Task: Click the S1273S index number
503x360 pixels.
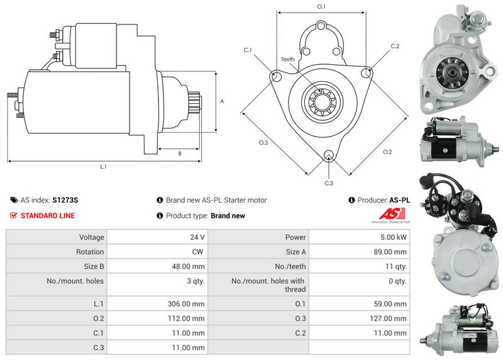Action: coord(65,200)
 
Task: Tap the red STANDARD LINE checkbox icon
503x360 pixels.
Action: coord(13,215)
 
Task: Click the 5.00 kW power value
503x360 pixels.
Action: coord(394,237)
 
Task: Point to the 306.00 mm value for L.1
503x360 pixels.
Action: coord(186,304)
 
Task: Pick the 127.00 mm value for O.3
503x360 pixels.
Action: coord(388,318)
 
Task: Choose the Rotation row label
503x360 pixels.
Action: coord(90,252)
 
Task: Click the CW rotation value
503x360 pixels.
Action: coord(197,252)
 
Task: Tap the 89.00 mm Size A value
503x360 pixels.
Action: coord(390,252)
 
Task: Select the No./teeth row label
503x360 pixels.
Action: coord(290,267)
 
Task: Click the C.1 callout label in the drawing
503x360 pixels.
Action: coord(248,50)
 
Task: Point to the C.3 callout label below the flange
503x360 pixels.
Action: coord(329,183)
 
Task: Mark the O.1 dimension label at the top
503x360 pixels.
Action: coord(321,6)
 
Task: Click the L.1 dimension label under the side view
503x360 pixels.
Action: coord(103,166)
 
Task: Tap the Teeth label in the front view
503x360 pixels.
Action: coord(288,59)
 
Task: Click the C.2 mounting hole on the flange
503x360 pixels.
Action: coord(366,73)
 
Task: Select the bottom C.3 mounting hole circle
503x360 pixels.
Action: coord(328,155)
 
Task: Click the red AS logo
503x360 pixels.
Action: coord(392,213)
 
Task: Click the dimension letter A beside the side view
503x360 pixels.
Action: coord(222,101)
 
